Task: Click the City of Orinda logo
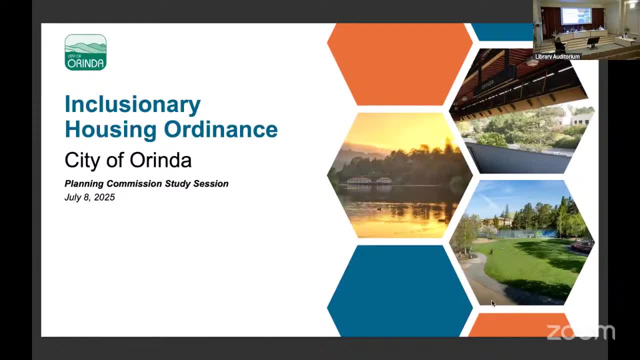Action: pyautogui.click(x=85, y=52)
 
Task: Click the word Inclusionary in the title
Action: pyautogui.click(x=132, y=104)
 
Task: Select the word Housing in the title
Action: pyautogui.click(x=110, y=129)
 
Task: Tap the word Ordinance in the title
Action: pyautogui.click(x=220, y=129)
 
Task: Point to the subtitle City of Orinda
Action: pyautogui.click(x=128, y=160)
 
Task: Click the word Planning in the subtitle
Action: pyautogui.click(x=84, y=183)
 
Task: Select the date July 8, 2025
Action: pyautogui.click(x=89, y=197)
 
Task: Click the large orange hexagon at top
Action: pyautogui.click(x=399, y=64)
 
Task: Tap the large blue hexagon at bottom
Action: pyautogui.click(x=399, y=291)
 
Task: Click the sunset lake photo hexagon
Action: pyautogui.click(x=399, y=175)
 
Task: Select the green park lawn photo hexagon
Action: pyautogui.click(x=521, y=242)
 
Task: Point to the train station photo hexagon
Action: pyautogui.click(x=521, y=111)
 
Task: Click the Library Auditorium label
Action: pyautogui.click(x=557, y=56)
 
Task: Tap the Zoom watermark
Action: pyautogui.click(x=580, y=332)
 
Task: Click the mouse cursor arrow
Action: pyautogui.click(x=493, y=303)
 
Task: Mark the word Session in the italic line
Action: pyautogui.click(x=211, y=183)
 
